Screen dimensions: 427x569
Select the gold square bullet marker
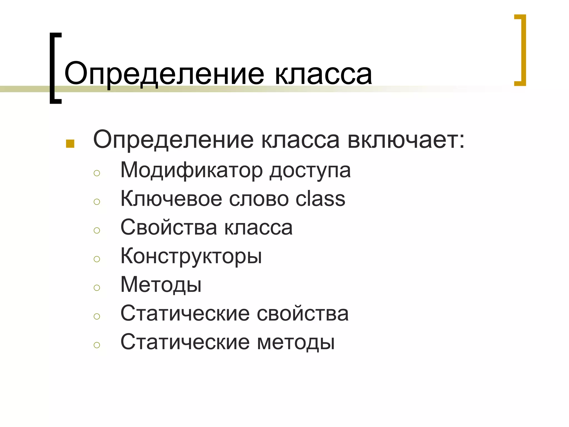(x=70, y=144)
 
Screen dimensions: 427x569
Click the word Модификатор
(x=191, y=170)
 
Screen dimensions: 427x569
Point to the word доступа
(x=310, y=170)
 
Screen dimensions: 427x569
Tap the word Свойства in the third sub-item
(x=168, y=227)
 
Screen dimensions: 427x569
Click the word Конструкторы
(x=191, y=256)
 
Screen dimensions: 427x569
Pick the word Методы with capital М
(x=161, y=285)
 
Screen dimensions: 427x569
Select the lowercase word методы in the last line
(x=296, y=342)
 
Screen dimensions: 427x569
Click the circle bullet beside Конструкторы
(x=97, y=259)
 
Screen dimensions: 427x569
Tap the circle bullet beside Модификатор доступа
(x=97, y=173)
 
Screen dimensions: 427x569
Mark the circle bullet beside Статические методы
(x=97, y=345)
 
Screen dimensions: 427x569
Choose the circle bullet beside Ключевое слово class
(x=97, y=202)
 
